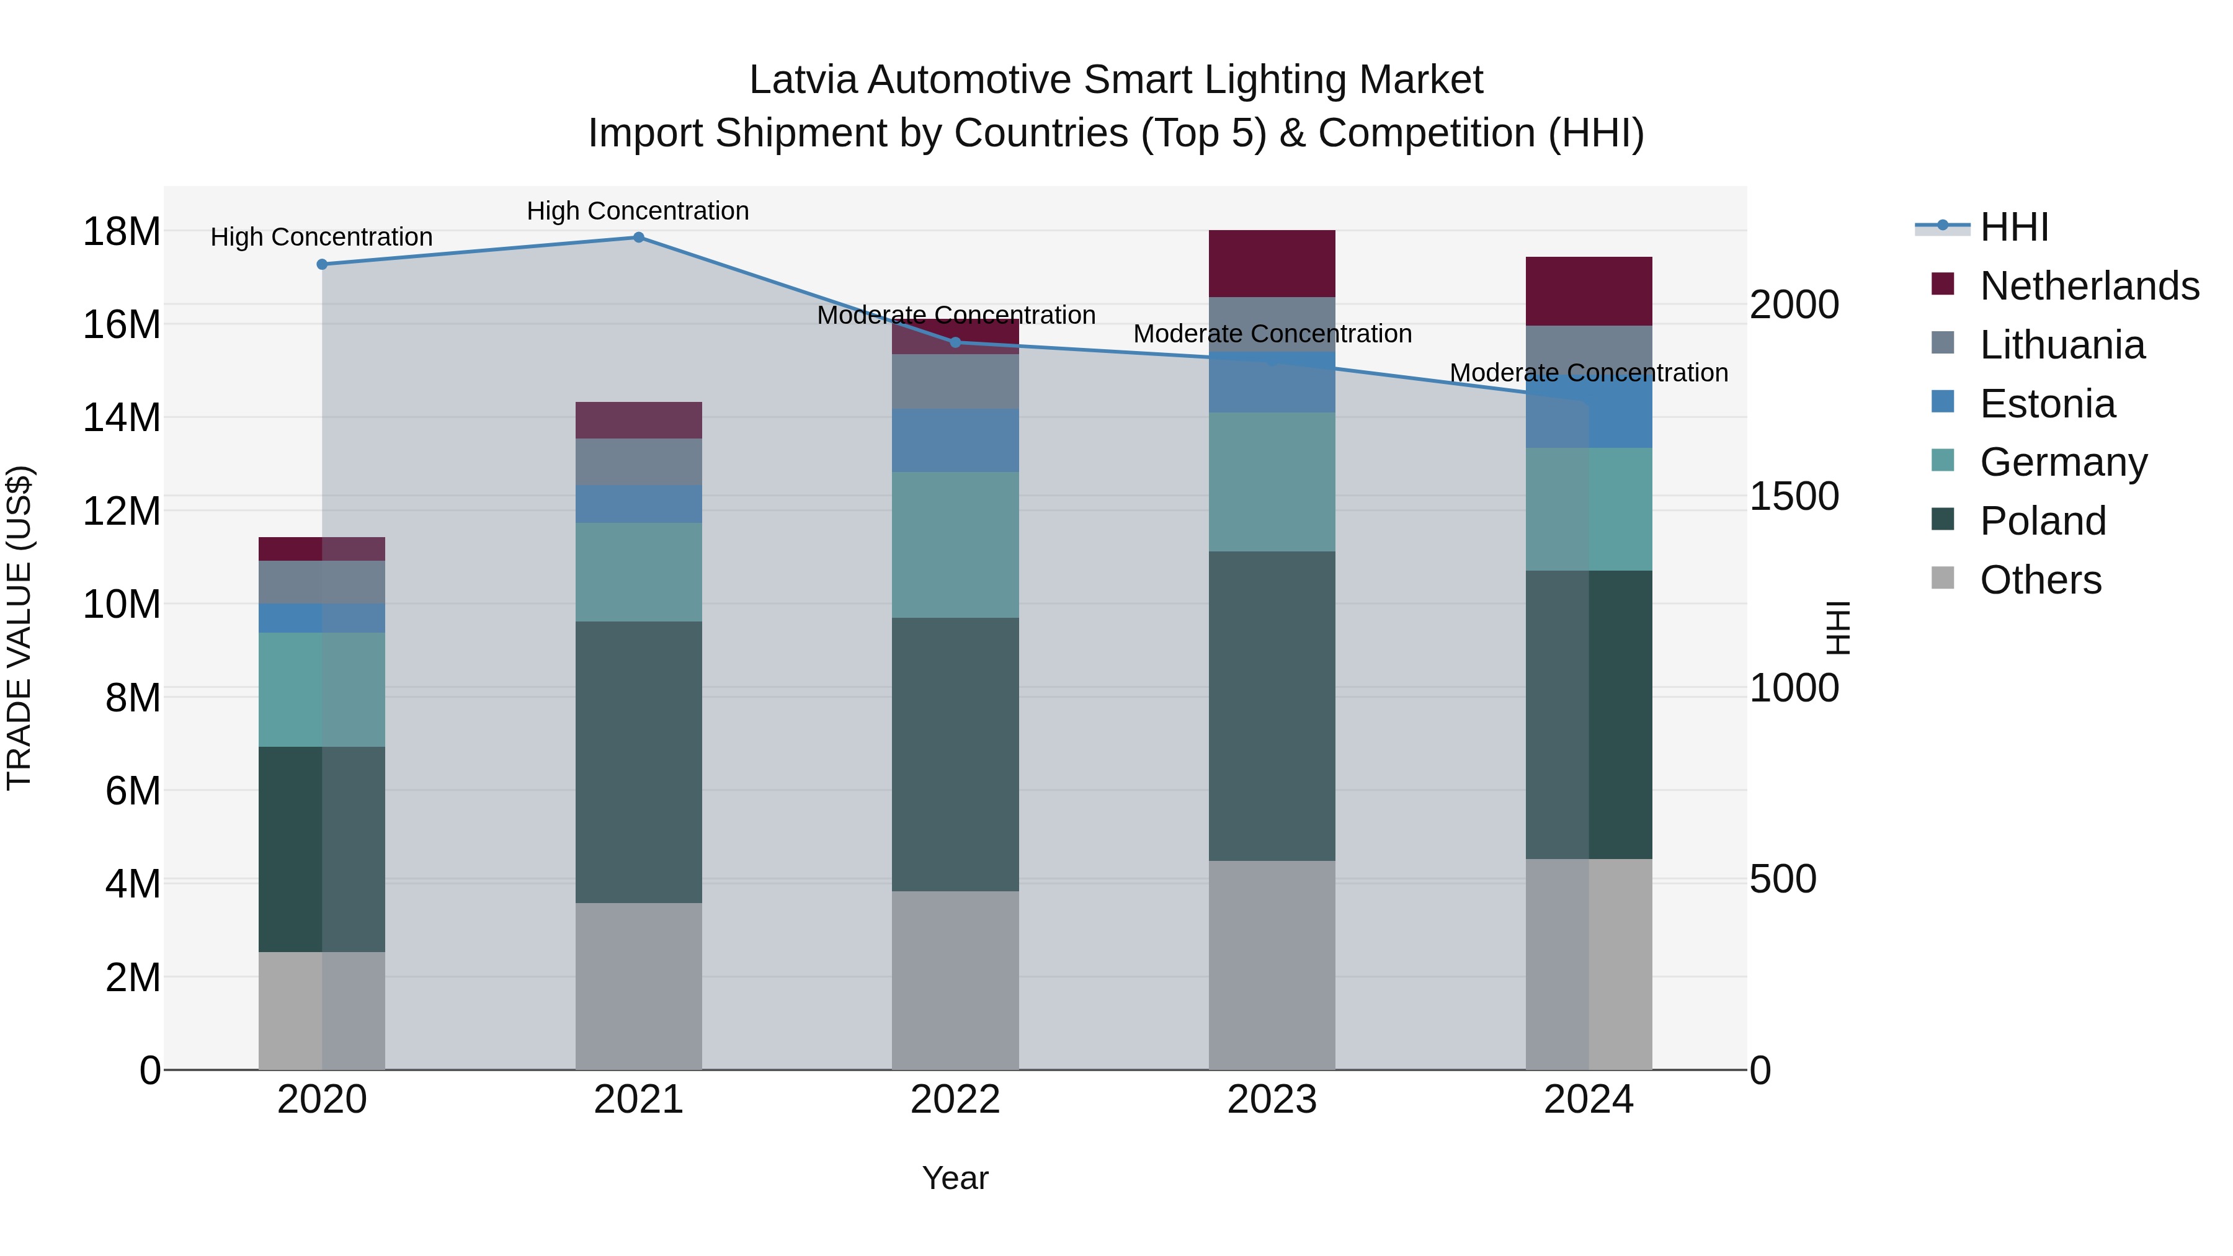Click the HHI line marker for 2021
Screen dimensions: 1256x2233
(638, 238)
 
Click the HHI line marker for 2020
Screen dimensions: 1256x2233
(321, 264)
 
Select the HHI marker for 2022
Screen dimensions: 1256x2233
(955, 342)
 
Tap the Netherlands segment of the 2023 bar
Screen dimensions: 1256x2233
(1272, 264)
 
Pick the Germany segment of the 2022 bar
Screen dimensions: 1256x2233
(955, 545)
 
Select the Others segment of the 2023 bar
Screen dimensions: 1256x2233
(1272, 964)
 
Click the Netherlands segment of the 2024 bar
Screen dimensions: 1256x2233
(1588, 292)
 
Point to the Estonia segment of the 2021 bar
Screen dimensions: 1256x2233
(638, 504)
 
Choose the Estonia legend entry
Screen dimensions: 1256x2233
(2048, 404)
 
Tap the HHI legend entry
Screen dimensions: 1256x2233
(2013, 227)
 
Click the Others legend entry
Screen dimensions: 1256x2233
(2041, 580)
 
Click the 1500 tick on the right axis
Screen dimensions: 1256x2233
(1793, 497)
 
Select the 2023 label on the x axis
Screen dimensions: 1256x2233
(1272, 1100)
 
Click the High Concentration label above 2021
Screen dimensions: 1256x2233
(638, 211)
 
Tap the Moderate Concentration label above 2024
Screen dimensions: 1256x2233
(1588, 373)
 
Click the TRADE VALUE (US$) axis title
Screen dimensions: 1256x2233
(19, 628)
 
